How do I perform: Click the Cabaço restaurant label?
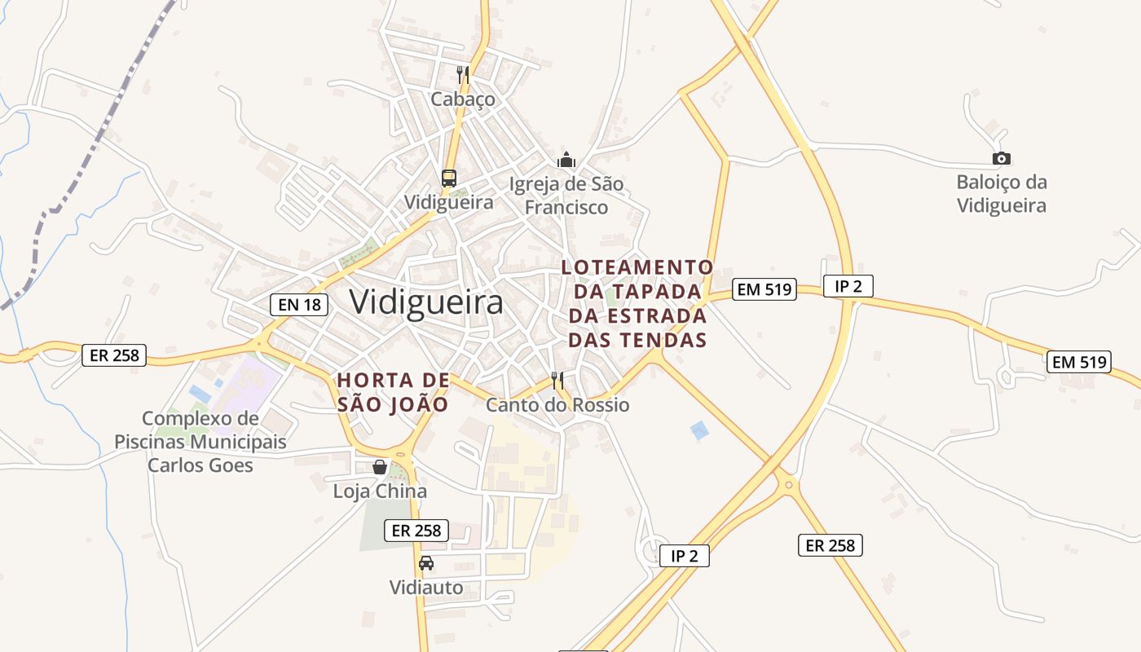pos(463,99)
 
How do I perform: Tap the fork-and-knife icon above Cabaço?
pos(463,75)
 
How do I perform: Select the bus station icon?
pos(448,178)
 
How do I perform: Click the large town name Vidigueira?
pos(426,302)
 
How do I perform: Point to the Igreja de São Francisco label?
pos(566,196)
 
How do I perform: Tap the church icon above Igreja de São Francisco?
pos(566,160)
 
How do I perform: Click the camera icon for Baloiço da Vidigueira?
pos(1002,158)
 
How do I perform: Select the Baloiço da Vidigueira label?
pos(1002,193)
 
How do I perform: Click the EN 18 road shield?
pos(299,305)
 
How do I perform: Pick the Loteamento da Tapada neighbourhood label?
pos(637,303)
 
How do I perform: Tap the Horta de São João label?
pos(393,392)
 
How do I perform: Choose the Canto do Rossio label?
pos(557,404)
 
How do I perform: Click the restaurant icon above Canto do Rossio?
pos(557,380)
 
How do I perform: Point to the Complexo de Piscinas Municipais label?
pos(200,442)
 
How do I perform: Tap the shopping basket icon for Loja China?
pos(380,467)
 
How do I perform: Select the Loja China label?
pos(380,491)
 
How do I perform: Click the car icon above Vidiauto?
pos(426,562)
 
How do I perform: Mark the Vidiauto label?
pos(426,588)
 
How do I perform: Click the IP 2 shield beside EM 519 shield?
pos(848,286)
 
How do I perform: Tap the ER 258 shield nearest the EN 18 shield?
pos(114,355)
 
